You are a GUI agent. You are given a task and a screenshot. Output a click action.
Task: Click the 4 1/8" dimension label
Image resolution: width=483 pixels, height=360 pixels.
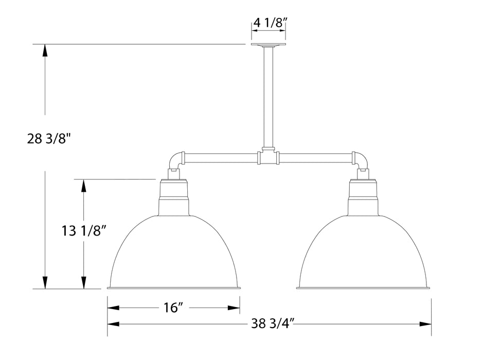[x=268, y=23]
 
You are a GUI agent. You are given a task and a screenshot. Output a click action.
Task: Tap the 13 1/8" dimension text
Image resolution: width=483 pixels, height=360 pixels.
[x=84, y=231]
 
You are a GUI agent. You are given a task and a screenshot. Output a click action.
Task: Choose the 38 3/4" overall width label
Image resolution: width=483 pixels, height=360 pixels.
[x=273, y=324]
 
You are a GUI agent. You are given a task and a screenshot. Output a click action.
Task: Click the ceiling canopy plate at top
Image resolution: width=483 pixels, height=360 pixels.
[x=268, y=45]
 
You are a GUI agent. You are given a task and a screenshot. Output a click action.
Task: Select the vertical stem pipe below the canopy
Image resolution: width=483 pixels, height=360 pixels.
[x=268, y=98]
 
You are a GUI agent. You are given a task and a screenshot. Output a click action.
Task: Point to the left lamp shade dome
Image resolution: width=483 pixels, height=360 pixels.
[x=174, y=252]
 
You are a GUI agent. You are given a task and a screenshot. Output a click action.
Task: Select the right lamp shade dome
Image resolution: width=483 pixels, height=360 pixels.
[x=364, y=252]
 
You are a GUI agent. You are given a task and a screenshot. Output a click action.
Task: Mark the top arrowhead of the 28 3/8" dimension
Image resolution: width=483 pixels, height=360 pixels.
[x=45, y=50]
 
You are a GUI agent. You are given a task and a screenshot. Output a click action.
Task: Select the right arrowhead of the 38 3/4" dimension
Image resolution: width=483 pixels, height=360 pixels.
[x=425, y=324]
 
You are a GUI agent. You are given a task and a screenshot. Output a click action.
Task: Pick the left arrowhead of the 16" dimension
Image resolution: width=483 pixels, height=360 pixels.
[x=113, y=308]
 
